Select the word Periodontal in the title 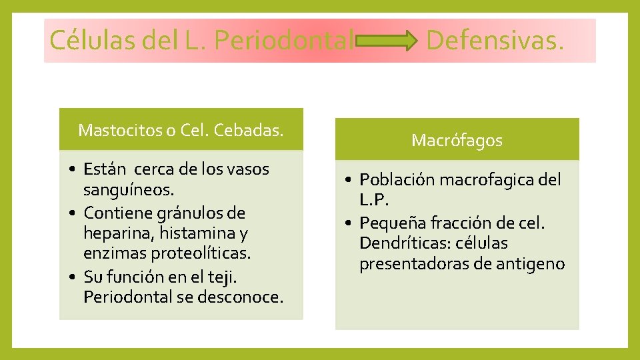coord(285,41)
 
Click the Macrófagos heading coord(457,140)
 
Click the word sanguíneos coord(129,191)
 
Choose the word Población coord(393,179)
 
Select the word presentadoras coord(414,265)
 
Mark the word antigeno coord(530,265)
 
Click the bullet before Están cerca coord(71,169)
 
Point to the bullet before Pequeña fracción coord(347,223)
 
